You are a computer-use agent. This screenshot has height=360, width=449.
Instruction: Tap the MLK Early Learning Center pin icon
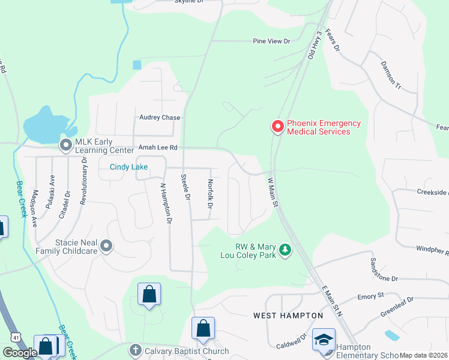coord(65,145)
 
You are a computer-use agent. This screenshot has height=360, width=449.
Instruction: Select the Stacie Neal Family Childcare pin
coord(106,245)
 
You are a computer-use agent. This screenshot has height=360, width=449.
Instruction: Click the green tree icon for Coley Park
coord(286,250)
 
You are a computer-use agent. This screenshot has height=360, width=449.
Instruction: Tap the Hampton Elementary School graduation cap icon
coord(324,340)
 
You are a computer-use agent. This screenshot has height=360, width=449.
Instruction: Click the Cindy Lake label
coord(128,167)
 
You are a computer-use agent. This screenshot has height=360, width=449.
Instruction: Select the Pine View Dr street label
coord(271,41)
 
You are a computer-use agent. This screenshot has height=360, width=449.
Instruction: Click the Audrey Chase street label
coord(160,118)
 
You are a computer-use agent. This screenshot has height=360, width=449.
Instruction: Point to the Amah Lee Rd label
coord(158,147)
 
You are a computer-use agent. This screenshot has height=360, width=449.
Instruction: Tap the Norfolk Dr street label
coord(210,194)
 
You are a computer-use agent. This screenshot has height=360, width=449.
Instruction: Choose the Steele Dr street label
coord(185,187)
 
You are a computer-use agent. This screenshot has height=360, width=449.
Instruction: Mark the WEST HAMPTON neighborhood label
coord(288,315)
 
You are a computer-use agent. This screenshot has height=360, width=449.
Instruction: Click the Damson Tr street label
coord(390,74)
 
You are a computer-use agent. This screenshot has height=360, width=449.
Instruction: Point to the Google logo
coord(20,353)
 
